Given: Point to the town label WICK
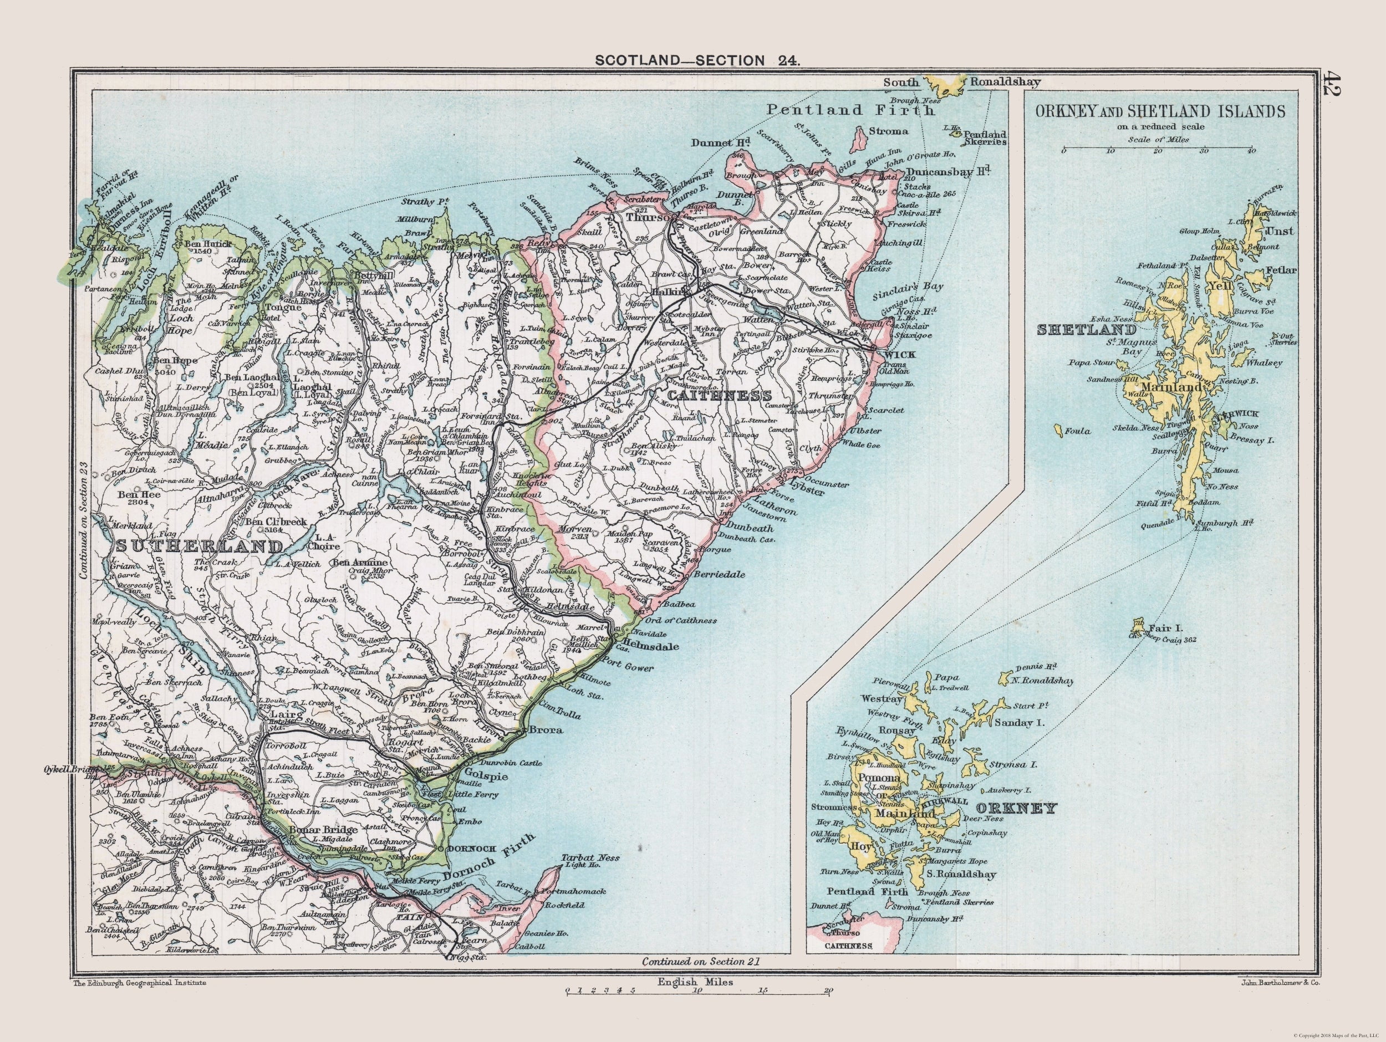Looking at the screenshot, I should [x=900, y=355].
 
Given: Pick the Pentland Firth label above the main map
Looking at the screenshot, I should [x=850, y=110].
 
